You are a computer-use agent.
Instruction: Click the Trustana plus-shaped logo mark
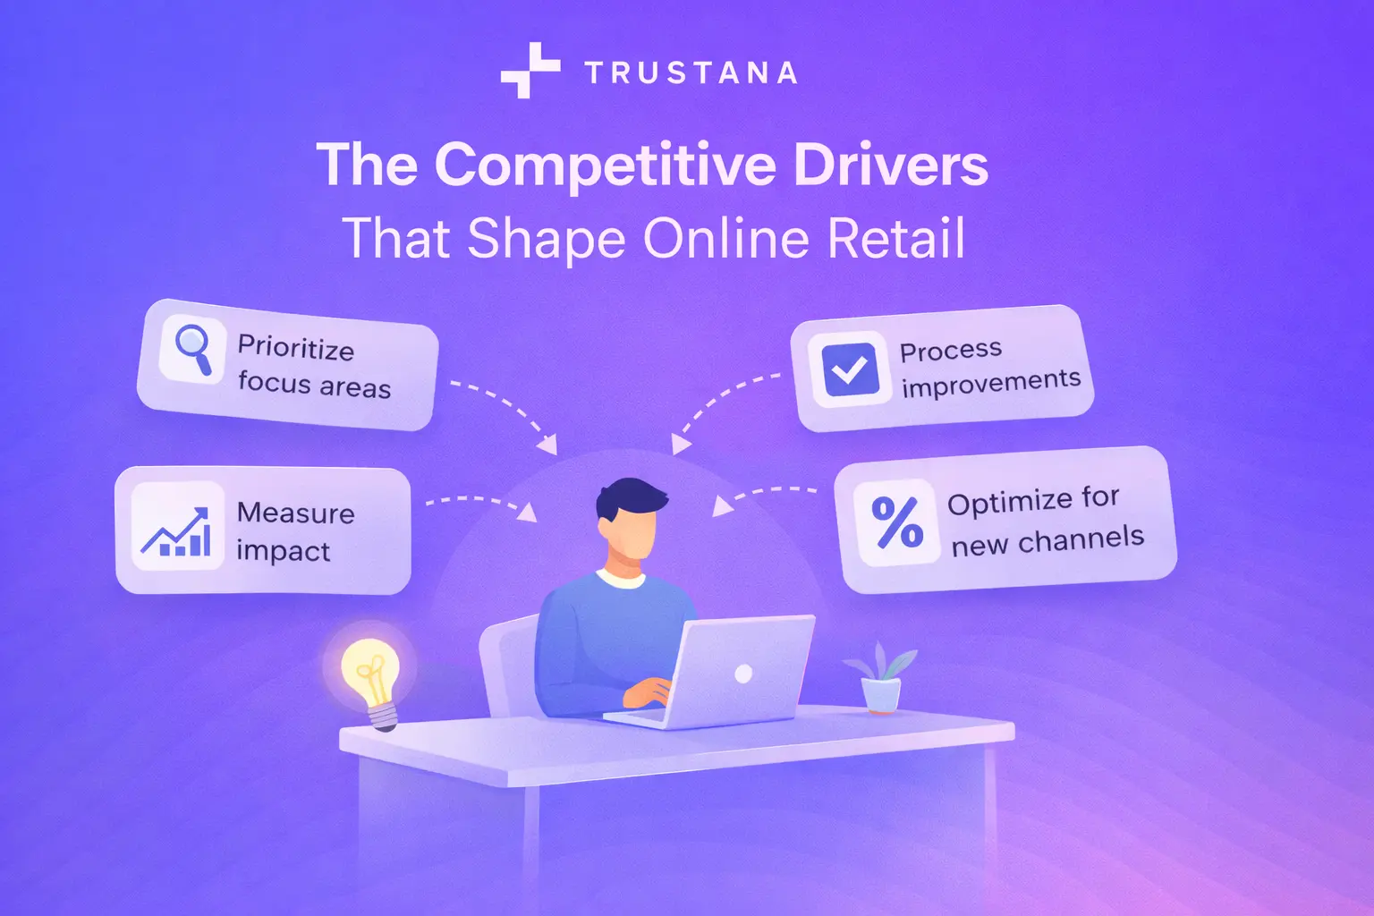530,70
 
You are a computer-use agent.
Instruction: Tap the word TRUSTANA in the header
691,73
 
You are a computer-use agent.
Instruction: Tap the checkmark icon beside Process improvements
849,369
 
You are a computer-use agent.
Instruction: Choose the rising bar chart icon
177,531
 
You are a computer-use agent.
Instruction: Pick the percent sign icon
897,522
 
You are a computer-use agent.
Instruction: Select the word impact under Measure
283,551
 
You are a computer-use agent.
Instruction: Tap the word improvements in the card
991,383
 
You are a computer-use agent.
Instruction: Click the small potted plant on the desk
881,679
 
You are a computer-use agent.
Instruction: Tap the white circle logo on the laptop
743,674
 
